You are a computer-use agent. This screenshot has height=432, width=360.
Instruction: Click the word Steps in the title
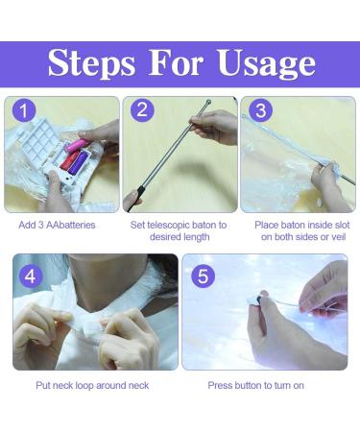point(91,64)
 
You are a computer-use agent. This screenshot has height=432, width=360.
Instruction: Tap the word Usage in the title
point(267,64)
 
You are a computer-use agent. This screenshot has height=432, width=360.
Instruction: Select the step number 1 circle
point(24,111)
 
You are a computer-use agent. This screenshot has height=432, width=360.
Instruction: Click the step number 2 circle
point(142,109)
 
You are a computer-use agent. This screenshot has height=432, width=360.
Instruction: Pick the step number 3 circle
point(261,110)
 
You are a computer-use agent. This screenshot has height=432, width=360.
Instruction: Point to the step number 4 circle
point(31,276)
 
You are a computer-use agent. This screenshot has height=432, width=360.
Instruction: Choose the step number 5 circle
point(204,276)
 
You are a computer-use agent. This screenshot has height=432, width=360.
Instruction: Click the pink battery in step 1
point(76,146)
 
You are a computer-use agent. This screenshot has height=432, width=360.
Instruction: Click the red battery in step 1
point(68,161)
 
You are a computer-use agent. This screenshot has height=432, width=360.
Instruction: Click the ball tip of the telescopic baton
point(208,103)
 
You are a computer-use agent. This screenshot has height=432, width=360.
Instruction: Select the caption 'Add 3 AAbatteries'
point(57,225)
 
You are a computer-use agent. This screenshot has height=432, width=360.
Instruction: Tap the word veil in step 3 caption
point(338,237)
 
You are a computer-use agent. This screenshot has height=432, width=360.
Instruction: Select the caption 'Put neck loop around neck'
point(92,385)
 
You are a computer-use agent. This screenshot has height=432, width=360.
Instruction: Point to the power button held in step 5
point(257,300)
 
